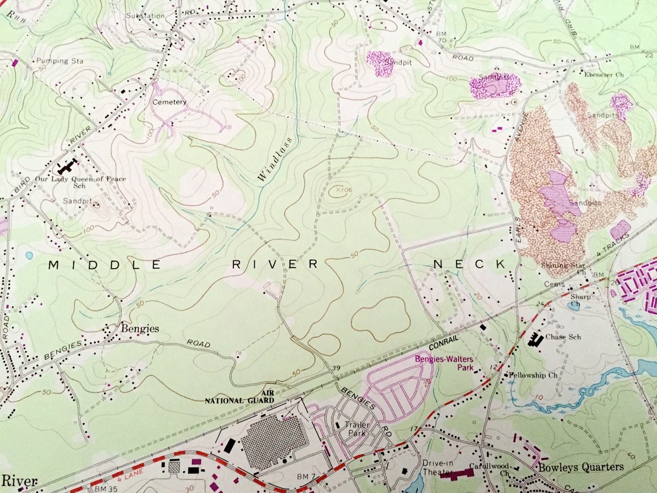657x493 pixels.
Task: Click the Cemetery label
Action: pyautogui.click(x=169, y=102)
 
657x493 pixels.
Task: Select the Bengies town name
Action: pyautogui.click(x=139, y=329)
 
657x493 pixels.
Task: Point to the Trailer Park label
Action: pyautogui.click(x=357, y=428)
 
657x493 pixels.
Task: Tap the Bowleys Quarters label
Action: pyautogui.click(x=580, y=466)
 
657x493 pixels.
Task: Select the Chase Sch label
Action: pyautogui.click(x=562, y=337)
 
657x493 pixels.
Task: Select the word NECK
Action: pyautogui.click(x=470, y=264)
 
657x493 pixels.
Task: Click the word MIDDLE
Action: pyautogui.click(x=104, y=265)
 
